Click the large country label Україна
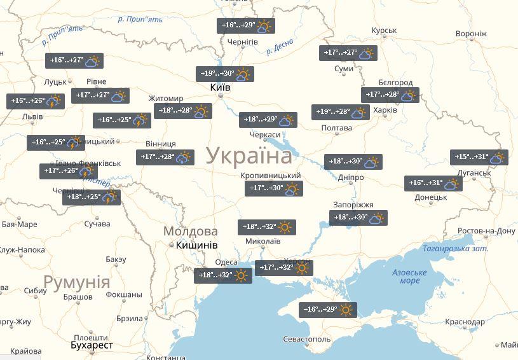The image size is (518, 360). (x=249, y=156)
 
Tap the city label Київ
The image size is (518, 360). (x=220, y=88)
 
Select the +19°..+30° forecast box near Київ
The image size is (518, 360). (x=224, y=74)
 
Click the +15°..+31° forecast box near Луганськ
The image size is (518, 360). (x=479, y=157)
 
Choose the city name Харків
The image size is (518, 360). (x=385, y=110)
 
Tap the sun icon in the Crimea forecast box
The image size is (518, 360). (x=346, y=310)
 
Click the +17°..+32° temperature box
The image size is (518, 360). (x=283, y=268)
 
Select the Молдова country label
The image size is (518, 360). (x=190, y=231)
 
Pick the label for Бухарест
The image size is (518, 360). (x=92, y=345)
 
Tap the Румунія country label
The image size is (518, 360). (x=76, y=282)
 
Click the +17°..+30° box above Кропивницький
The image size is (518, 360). (x=274, y=188)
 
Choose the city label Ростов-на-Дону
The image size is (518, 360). (x=487, y=230)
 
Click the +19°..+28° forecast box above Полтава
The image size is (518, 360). (x=341, y=112)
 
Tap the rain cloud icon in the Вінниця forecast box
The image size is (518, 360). (x=184, y=156)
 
